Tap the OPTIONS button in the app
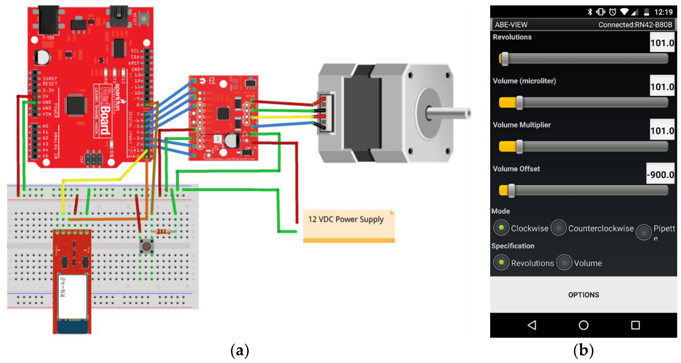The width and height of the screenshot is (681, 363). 583,295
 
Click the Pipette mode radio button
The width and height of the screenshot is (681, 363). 644,232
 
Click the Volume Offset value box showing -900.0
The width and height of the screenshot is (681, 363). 660,174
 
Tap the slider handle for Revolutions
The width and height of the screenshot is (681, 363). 505,59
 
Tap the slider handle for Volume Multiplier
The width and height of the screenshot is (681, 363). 519,147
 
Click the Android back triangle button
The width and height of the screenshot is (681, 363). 532,325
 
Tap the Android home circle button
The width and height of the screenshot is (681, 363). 583,325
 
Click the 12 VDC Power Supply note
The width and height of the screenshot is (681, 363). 348,226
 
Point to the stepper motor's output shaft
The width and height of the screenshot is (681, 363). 449,114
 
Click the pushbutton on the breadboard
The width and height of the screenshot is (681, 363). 146,246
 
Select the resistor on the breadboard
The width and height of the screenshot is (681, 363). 163,232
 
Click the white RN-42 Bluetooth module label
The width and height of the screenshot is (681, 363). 72,296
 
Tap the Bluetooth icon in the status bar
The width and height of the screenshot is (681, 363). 590,12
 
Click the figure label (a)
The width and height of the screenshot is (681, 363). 239,351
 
